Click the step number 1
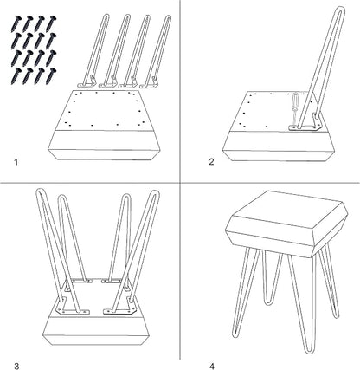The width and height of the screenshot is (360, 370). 16,162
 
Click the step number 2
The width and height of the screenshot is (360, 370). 211,162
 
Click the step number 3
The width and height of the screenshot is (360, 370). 16,367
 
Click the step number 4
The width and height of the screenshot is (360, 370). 212,367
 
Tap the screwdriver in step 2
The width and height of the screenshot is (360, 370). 294,109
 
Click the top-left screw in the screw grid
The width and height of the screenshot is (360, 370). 16,24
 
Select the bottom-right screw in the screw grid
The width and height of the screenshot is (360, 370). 51,76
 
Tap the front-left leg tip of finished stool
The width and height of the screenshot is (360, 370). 236,335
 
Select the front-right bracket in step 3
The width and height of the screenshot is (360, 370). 119,308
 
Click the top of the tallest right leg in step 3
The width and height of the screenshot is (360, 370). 155,192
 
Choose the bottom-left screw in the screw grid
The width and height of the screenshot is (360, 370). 16,76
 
